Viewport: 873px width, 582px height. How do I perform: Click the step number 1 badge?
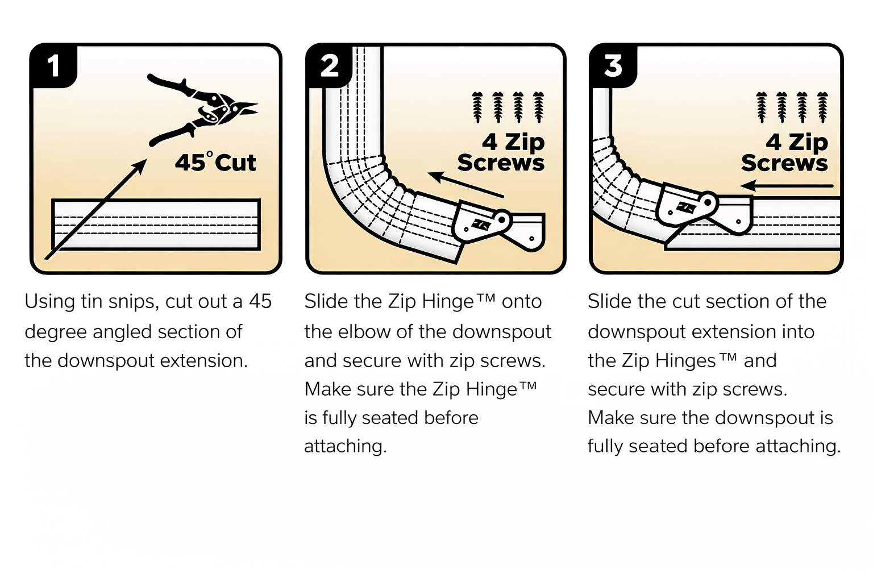53,66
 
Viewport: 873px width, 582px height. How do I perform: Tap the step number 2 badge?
330,66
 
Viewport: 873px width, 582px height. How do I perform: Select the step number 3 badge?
613,66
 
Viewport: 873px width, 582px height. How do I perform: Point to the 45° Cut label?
215,163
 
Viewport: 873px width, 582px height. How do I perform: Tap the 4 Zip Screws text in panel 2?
501,152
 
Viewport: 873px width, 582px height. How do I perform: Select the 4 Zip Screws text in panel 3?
785,152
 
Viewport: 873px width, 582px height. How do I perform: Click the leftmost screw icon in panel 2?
477,107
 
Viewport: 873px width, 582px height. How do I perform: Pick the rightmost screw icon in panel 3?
822,107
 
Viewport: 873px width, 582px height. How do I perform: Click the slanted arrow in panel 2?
465,185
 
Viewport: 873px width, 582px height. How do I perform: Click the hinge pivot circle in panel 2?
502,218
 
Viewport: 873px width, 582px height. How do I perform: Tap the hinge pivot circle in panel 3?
708,201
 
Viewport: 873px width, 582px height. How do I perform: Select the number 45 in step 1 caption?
260,301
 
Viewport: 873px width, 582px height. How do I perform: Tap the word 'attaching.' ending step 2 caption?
345,446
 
